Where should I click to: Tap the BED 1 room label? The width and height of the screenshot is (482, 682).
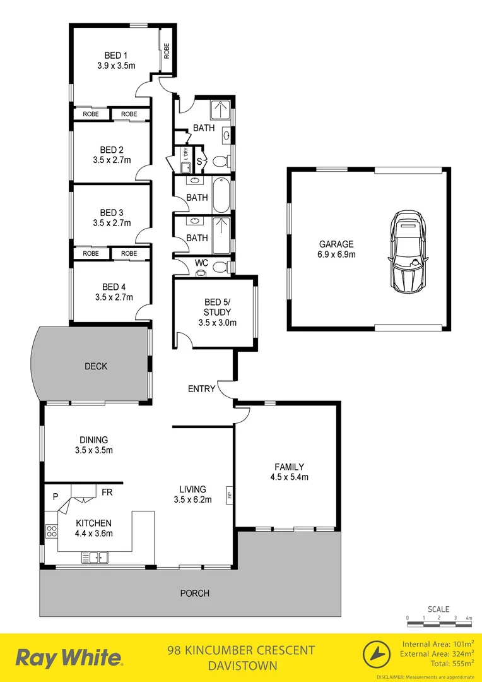113,59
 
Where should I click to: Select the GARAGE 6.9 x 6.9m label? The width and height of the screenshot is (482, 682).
336,249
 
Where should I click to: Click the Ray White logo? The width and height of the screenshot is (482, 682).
69,657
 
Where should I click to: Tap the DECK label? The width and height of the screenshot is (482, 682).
96,366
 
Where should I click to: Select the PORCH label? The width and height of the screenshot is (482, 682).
194,593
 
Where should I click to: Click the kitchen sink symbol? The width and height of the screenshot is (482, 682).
95,556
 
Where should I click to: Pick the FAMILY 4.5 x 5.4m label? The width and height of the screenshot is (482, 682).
288,472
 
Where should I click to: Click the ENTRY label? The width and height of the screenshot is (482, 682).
201,389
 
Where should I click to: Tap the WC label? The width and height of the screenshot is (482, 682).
201,262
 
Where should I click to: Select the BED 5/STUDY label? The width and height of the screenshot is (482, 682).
217,312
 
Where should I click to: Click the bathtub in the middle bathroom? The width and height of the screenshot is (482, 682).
221,196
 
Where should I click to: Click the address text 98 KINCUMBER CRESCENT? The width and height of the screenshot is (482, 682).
240,650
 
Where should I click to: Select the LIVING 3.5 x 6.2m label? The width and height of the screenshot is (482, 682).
192,494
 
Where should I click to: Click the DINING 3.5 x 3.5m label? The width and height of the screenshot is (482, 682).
93,445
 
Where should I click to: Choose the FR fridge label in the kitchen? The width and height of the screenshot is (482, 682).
107,492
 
